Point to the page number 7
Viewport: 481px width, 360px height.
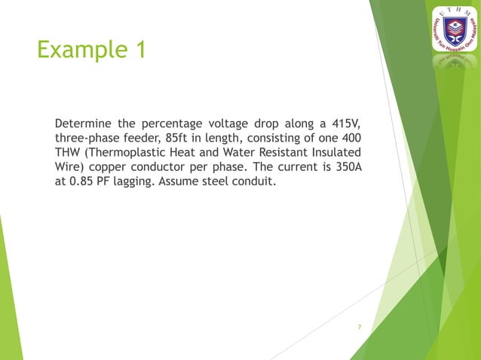[360, 327]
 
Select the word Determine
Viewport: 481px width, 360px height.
[83, 123]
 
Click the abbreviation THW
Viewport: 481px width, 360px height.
[69, 154]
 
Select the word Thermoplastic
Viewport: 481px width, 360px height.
[133, 154]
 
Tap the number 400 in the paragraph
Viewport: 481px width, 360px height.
[351, 139]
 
